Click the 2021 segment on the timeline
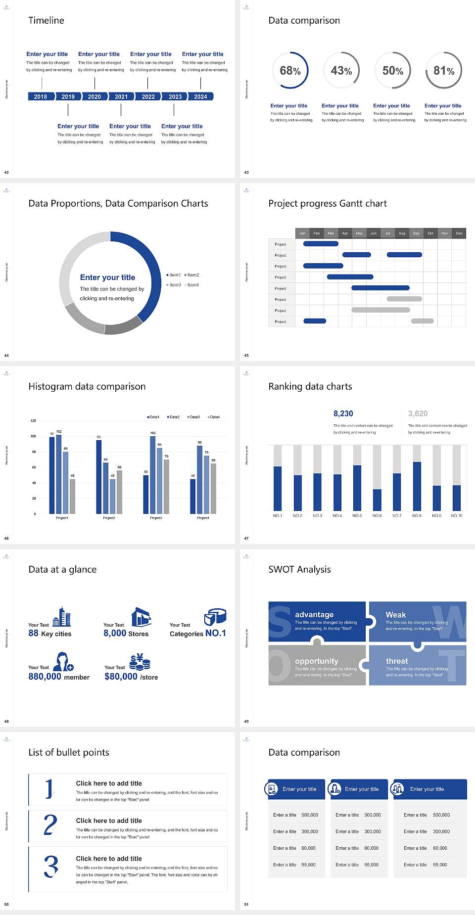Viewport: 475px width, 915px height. point(121,96)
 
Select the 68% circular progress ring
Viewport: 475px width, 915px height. point(290,70)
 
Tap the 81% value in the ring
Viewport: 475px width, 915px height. point(444,71)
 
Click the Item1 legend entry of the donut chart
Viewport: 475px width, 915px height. point(174,275)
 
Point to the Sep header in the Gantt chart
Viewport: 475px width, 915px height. point(416,233)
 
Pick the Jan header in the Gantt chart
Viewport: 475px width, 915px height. point(302,233)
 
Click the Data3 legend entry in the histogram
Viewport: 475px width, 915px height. point(193,417)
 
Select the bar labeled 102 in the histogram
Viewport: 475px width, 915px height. point(59,473)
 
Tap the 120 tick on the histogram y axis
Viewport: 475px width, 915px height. point(33,421)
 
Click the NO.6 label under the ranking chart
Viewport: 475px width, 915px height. point(377,515)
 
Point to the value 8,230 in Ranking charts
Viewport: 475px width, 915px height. point(343,413)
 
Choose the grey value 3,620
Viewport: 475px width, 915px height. point(418,413)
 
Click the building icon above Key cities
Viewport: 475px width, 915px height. point(62,617)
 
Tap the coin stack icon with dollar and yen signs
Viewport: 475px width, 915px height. point(140,662)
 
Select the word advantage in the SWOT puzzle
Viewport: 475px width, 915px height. point(314,614)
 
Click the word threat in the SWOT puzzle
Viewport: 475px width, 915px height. point(397,661)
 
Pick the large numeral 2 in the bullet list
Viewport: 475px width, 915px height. point(50,825)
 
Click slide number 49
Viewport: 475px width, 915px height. point(246,721)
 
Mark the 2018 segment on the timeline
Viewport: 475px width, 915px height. point(41,96)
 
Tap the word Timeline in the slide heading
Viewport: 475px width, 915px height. point(46,20)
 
